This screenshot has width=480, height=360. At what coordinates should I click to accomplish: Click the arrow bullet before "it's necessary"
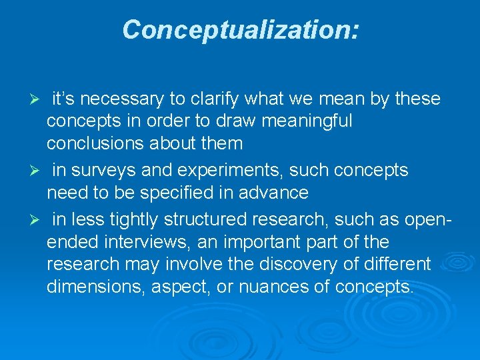38,99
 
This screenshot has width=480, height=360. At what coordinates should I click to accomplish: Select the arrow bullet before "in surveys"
38,171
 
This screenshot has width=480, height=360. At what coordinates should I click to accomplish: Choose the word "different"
393,264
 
